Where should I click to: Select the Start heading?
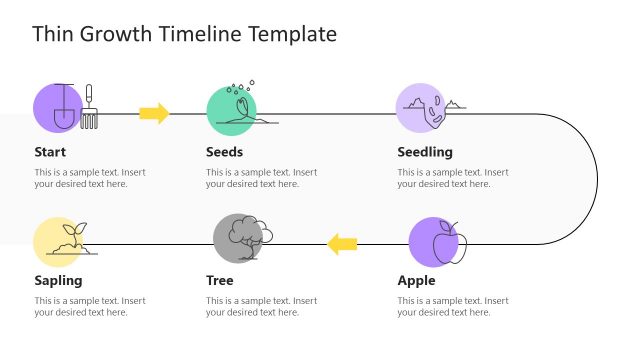tap(50, 152)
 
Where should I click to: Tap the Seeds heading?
tap(224, 152)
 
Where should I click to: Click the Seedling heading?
tap(425, 152)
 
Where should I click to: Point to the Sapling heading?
tap(58, 280)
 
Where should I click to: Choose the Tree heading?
tap(219, 280)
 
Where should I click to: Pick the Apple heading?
tap(416, 280)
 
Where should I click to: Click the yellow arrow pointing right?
tap(154, 113)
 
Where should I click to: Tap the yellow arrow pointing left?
tap(343, 242)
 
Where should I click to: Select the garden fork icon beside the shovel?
tap(89, 106)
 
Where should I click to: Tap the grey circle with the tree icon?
tap(238, 238)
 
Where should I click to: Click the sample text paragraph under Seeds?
tap(261, 178)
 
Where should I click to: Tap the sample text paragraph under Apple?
tap(453, 306)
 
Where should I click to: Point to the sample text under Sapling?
tap(90, 306)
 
